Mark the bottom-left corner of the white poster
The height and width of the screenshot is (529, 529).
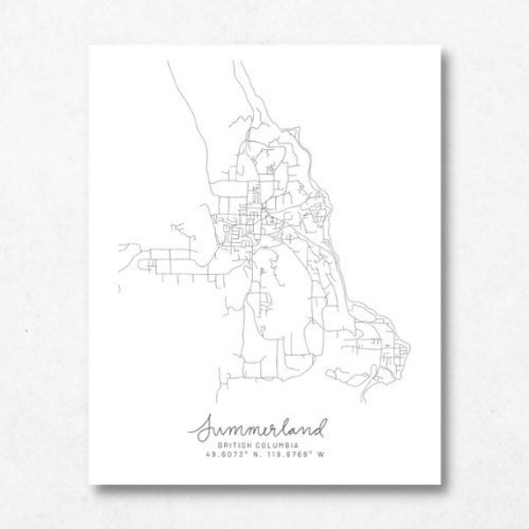pyautogui.click(x=92, y=487)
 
